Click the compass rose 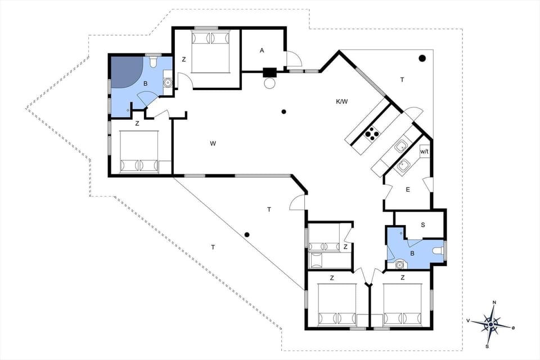click(x=492, y=323)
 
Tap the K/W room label click(x=341, y=102)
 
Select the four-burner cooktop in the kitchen click(x=372, y=133)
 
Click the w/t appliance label click(x=425, y=151)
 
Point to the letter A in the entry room click(x=262, y=51)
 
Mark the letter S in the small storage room click(x=423, y=224)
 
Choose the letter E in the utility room click(x=408, y=190)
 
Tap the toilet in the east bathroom click(x=438, y=251)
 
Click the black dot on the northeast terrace click(x=422, y=58)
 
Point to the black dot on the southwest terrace click(x=246, y=235)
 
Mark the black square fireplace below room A click(x=270, y=72)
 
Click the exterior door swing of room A click(x=293, y=59)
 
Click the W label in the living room click(x=213, y=143)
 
